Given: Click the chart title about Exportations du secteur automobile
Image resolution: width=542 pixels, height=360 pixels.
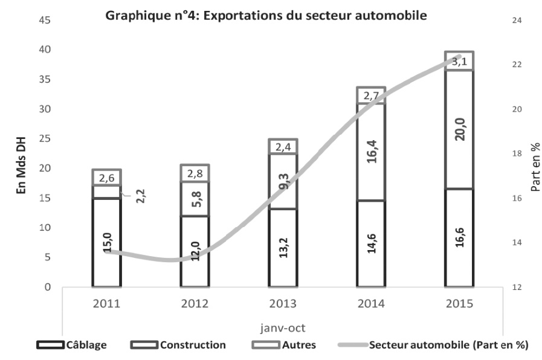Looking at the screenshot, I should point(266,16).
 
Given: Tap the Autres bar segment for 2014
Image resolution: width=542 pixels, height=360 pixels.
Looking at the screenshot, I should point(371,95).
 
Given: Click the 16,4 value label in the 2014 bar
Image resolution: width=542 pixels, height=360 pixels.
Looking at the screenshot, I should point(371,150).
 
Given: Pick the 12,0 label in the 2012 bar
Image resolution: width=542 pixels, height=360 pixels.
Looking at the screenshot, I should point(195,251).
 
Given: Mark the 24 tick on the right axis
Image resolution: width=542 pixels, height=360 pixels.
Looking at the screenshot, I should point(517,20).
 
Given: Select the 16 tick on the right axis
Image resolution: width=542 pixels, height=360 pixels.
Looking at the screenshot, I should point(517,198).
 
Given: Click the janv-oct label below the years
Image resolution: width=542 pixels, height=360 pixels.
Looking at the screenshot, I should point(282,329).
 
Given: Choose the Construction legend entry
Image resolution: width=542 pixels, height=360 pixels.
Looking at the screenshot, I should point(178,346).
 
